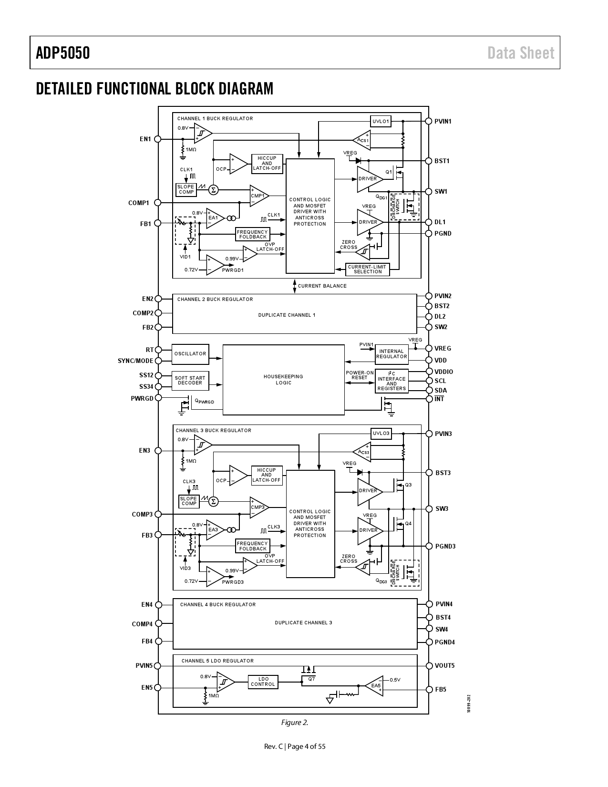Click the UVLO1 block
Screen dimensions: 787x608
(381, 121)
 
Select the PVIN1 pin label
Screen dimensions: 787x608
(443, 121)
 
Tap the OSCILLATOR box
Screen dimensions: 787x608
(190, 353)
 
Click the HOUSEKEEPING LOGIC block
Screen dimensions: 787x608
(283, 380)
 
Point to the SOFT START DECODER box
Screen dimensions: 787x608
(190, 380)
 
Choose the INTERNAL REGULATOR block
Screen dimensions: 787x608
(392, 354)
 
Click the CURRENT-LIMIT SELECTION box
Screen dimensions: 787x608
(367, 269)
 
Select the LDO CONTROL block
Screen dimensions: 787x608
(263, 682)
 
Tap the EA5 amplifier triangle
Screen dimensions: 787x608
(375, 686)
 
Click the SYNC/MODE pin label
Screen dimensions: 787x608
(135, 361)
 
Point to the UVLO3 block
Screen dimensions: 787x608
(381, 434)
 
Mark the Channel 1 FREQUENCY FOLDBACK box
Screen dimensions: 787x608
(253, 234)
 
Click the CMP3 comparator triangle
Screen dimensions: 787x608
(258, 507)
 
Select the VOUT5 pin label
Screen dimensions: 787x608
(444, 665)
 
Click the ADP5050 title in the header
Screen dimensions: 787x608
(63, 52)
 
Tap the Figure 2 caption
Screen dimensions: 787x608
(295, 722)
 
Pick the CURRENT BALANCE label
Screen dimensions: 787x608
(322, 286)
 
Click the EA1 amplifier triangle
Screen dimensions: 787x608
(214, 218)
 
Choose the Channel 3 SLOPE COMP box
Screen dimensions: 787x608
(189, 501)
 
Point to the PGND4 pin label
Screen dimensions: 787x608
(444, 642)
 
